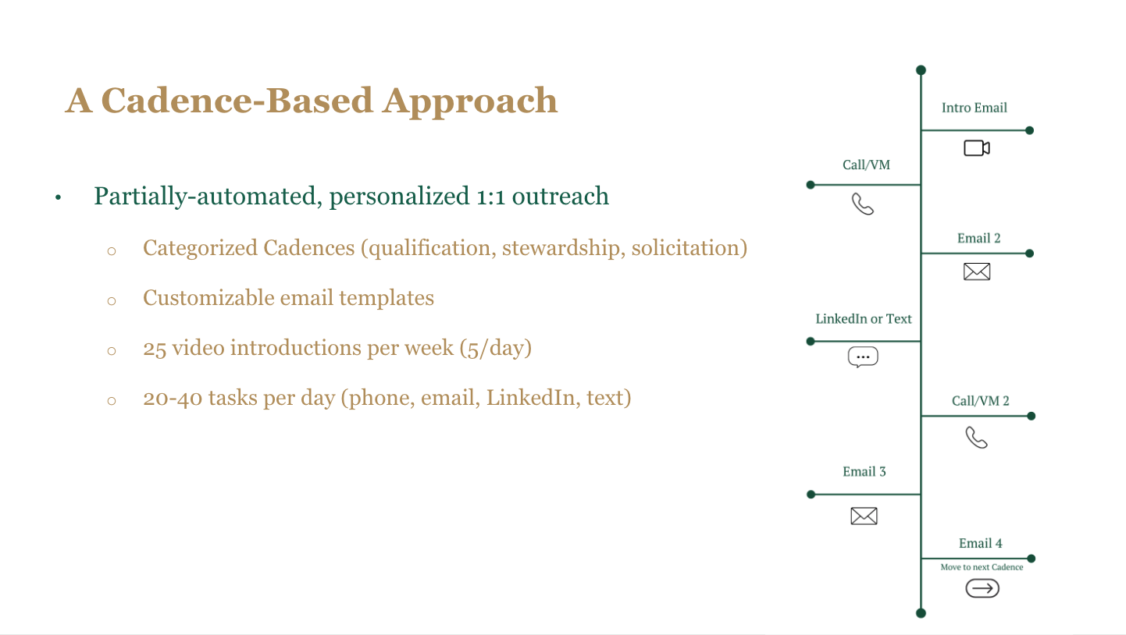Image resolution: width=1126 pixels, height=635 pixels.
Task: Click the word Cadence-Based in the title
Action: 237,101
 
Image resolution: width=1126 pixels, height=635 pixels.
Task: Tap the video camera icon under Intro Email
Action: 977,148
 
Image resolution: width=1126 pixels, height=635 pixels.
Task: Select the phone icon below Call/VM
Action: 863,204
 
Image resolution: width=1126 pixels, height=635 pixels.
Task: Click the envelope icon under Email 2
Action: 977,271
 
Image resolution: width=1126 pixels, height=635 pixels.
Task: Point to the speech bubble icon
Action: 863,357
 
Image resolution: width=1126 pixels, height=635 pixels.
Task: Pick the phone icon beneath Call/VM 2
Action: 976,437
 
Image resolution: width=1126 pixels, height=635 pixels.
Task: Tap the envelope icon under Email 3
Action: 864,516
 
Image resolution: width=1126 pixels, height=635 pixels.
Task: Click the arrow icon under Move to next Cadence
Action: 982,588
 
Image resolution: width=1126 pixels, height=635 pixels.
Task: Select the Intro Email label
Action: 975,108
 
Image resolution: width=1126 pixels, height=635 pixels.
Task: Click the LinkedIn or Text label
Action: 863,319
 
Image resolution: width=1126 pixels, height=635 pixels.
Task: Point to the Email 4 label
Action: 980,543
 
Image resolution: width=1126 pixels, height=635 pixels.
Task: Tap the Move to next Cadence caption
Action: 982,567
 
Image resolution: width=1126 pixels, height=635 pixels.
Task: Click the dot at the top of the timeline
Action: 921,70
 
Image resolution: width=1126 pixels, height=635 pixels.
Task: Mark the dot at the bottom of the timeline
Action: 921,613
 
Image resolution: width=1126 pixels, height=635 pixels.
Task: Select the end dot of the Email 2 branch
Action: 1029,254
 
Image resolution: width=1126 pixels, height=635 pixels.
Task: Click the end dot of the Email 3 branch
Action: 811,495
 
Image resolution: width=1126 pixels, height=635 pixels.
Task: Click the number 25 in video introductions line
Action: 155,349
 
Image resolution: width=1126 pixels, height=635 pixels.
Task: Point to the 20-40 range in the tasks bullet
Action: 172,398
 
